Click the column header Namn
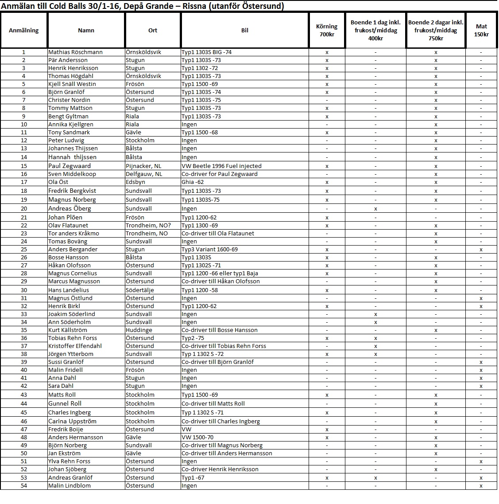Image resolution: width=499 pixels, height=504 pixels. click(x=86, y=31)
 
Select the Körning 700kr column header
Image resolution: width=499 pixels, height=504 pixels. click(x=327, y=31)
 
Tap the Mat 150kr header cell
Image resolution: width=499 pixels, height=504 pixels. click(x=481, y=31)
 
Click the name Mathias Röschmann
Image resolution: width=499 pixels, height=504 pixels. click(x=75, y=52)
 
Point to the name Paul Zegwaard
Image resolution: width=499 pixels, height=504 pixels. click(x=70, y=166)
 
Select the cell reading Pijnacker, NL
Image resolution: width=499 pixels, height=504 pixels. click(x=143, y=166)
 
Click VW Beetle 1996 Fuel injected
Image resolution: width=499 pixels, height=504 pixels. click(x=221, y=166)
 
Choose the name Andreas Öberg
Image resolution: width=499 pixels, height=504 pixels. click(x=70, y=208)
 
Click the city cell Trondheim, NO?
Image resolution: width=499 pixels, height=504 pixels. click(x=148, y=225)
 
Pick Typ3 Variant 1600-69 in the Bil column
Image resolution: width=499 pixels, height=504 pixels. click(x=209, y=249)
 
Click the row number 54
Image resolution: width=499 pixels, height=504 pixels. click(x=24, y=485)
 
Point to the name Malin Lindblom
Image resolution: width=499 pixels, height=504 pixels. click(x=70, y=485)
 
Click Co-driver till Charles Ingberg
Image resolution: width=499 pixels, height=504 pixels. click(x=220, y=421)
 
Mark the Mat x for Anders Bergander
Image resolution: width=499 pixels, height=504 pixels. click(x=481, y=249)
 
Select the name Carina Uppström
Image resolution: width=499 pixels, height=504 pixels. click(x=72, y=421)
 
